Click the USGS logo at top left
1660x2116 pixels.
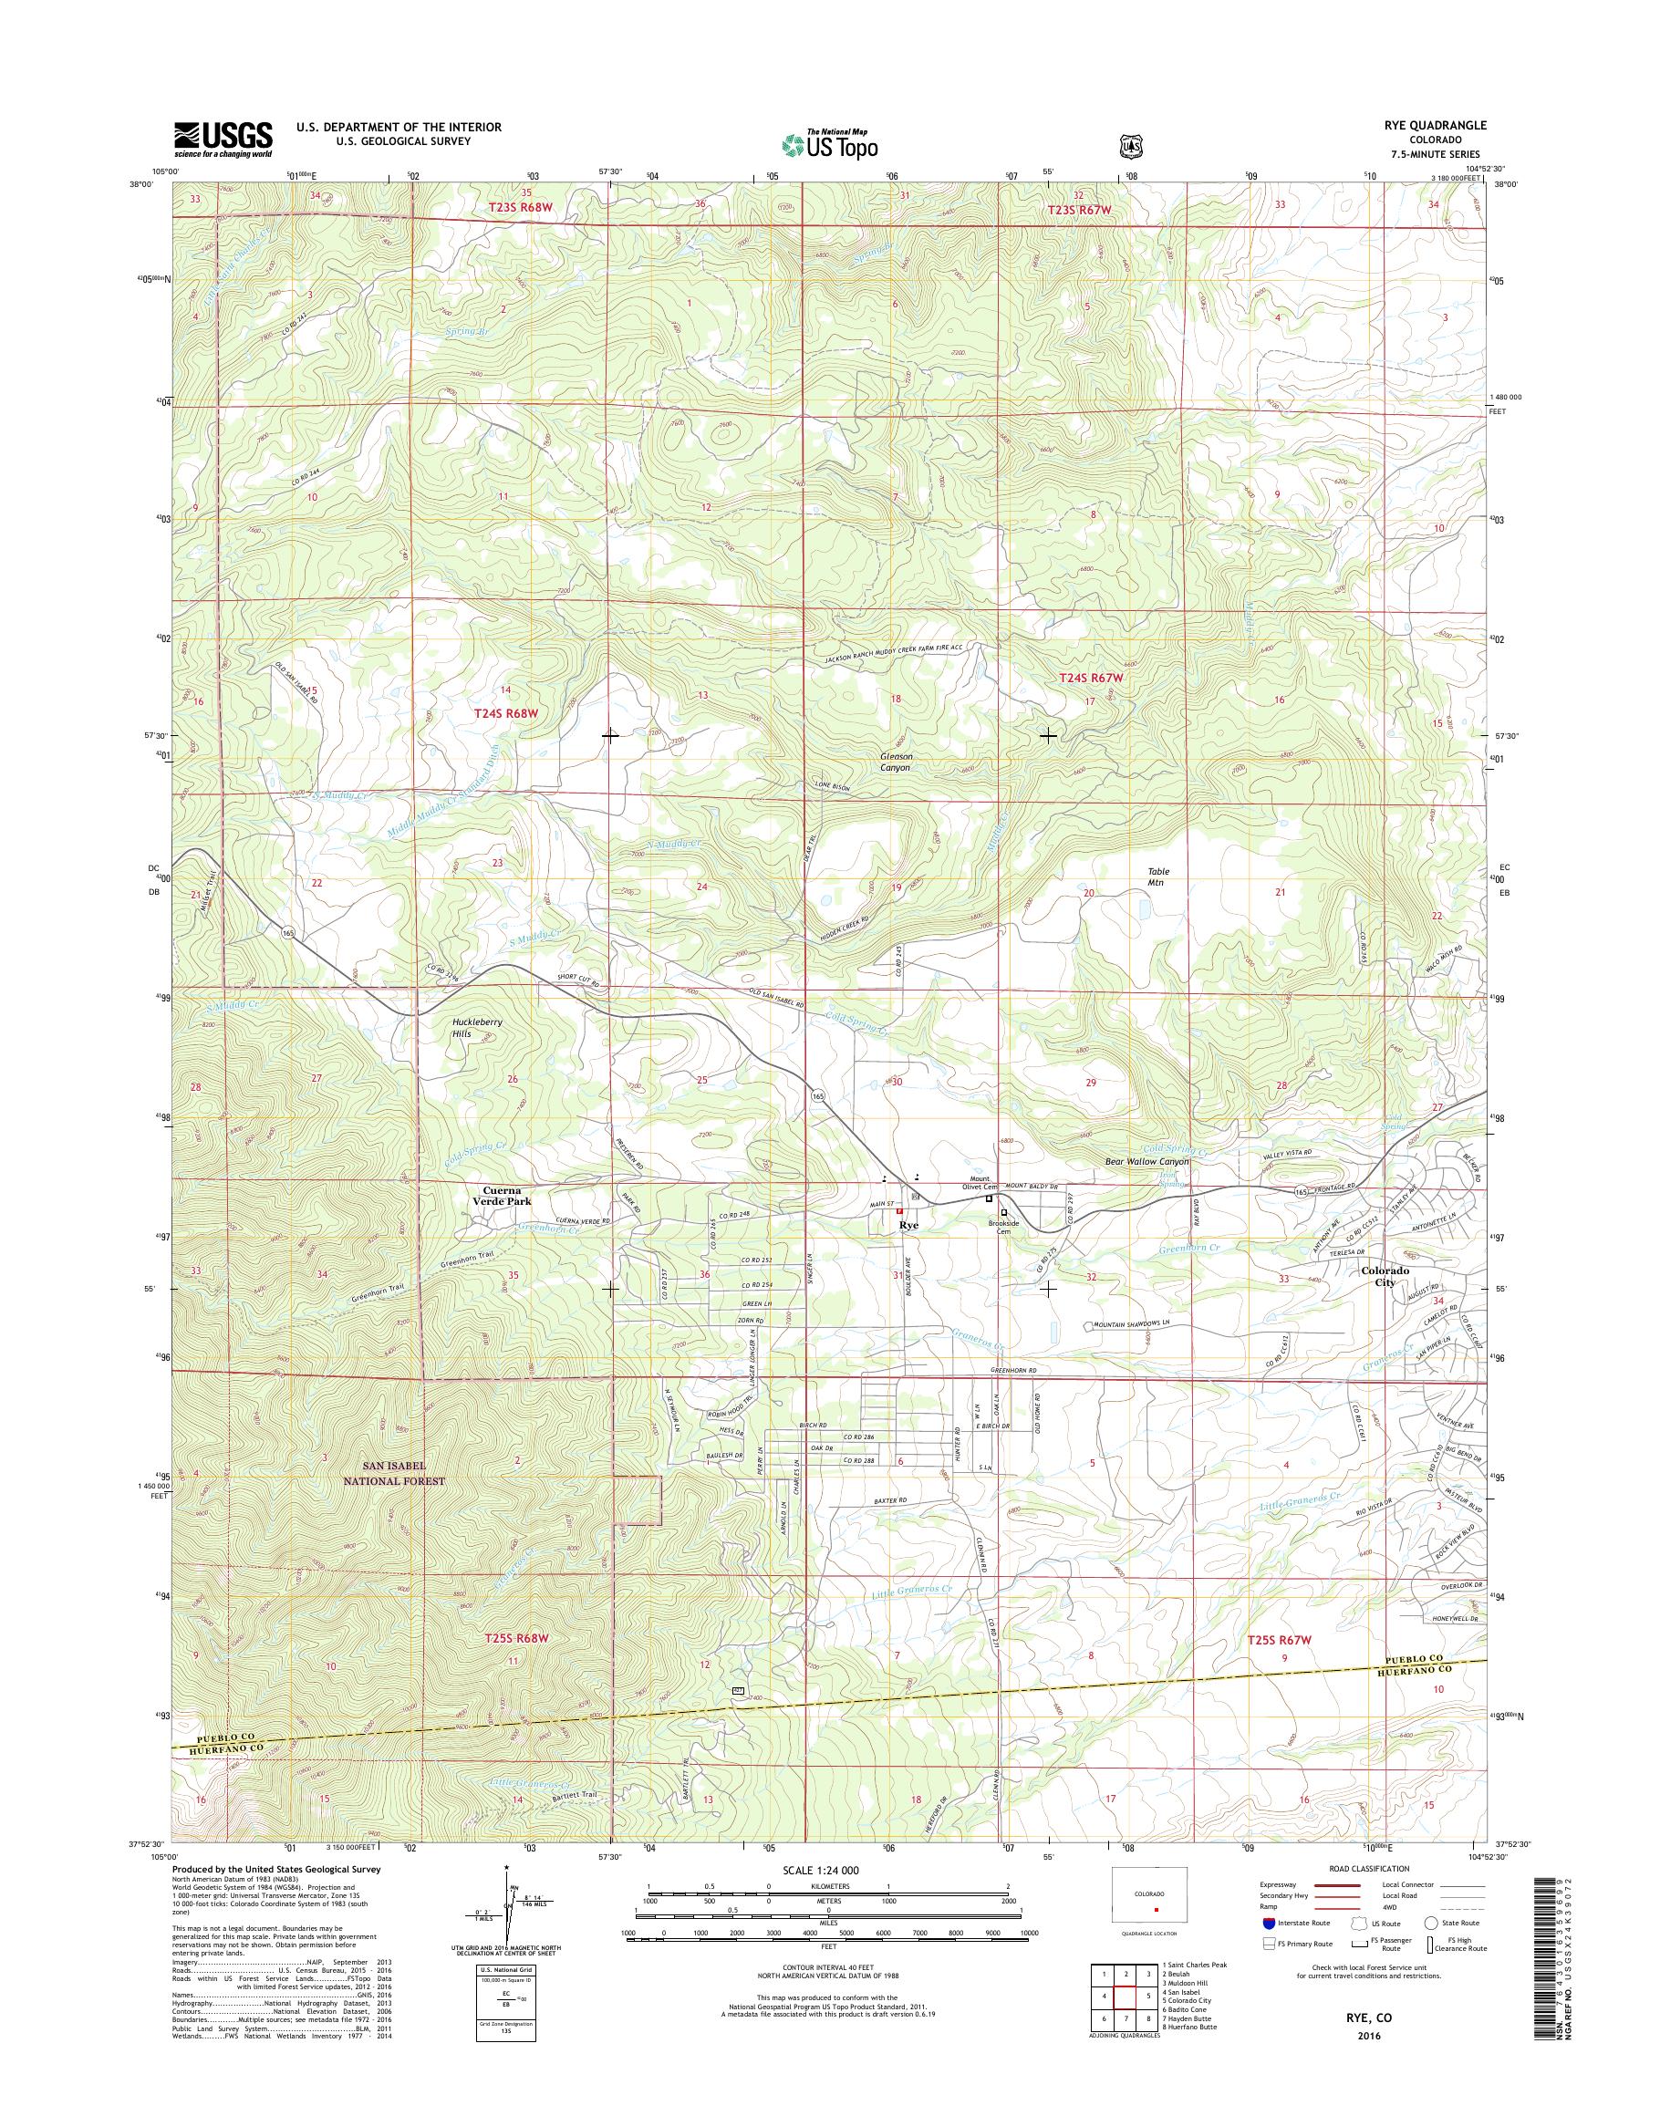click(x=223, y=139)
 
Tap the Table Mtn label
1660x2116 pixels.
click(x=1158, y=877)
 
